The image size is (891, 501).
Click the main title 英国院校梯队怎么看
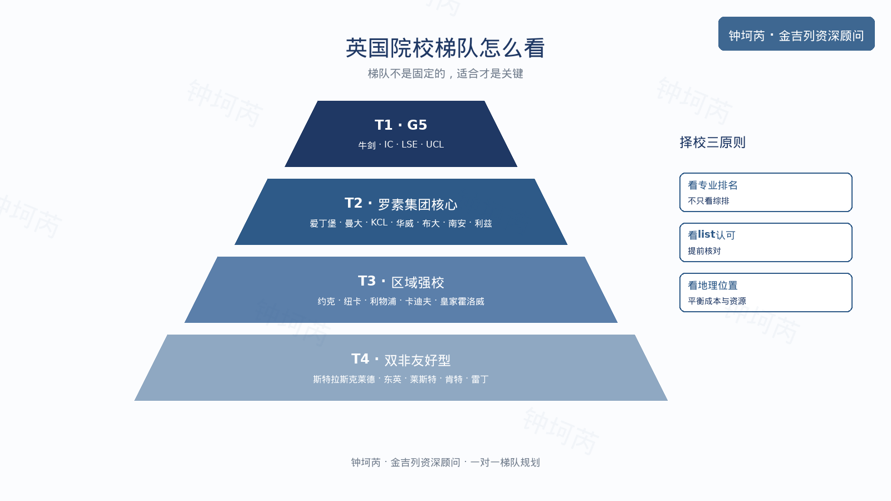point(445,48)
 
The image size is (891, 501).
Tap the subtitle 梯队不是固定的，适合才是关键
point(445,73)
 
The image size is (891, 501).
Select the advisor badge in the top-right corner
point(796,34)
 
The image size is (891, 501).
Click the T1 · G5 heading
point(400,125)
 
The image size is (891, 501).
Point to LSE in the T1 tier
point(409,144)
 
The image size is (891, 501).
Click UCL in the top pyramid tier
point(435,144)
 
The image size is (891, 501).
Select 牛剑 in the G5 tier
point(367,145)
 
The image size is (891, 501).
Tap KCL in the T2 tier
point(379,222)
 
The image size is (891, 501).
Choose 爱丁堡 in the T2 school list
point(323,223)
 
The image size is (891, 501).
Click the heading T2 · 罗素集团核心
point(400,204)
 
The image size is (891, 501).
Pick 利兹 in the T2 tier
point(483,223)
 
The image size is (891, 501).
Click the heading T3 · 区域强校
point(400,282)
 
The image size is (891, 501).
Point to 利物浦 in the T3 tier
point(383,301)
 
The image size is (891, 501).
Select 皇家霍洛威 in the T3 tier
point(462,301)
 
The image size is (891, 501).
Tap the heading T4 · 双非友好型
point(400,360)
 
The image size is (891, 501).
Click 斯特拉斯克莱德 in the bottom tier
point(344,379)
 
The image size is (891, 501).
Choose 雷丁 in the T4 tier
point(479,379)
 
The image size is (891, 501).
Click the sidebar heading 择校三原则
point(712,143)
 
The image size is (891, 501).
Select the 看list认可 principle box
point(766,243)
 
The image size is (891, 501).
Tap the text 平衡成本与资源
point(717,301)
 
